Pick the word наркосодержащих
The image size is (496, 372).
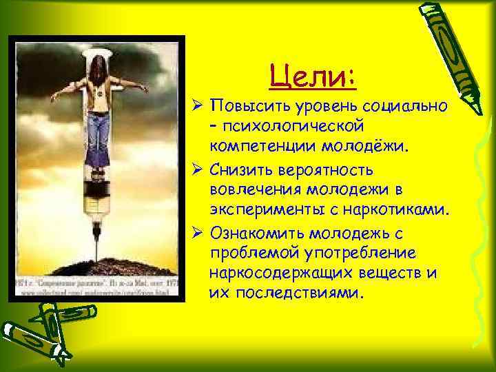pyautogui.click(x=289, y=272)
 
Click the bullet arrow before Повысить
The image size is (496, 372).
pyautogui.click(x=196, y=108)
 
